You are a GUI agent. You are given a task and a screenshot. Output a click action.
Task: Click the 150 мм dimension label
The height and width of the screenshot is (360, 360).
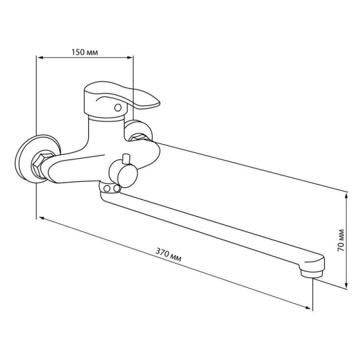(x=85, y=53)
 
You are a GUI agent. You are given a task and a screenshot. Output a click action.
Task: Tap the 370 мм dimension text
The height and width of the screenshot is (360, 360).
(x=168, y=255)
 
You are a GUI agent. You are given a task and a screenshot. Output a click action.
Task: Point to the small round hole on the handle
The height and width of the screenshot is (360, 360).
(x=118, y=107)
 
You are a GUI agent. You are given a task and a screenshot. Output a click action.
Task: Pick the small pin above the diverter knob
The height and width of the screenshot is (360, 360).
(x=126, y=158)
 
